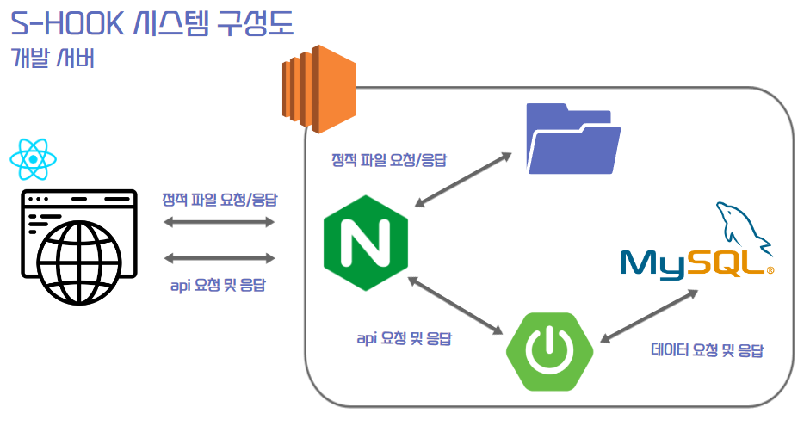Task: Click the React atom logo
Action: coord(33,158)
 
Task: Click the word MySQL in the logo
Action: coord(693,262)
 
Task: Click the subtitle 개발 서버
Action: coord(53,59)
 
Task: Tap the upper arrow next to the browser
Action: coord(219,223)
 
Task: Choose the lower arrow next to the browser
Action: coord(219,258)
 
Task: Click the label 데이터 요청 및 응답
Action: coord(708,350)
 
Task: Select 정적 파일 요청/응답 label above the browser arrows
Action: coord(220,199)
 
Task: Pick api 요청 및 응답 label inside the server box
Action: coord(404,338)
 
